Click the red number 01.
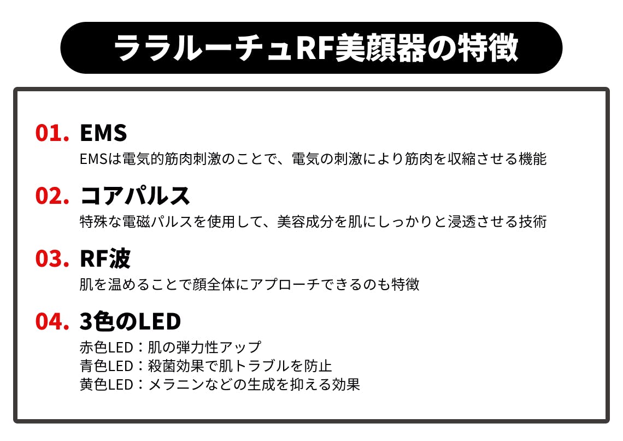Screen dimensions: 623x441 coord(52,133)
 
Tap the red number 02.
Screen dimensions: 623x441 coord(52,196)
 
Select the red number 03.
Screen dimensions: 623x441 coord(52,258)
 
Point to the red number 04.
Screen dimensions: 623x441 coord(52,321)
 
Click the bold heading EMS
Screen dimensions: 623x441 coord(103,133)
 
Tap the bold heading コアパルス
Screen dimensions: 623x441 coord(135,196)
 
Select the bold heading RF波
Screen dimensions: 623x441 coord(105,258)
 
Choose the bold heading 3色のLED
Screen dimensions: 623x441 coord(130,321)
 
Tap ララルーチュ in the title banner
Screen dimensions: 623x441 coord(203,48)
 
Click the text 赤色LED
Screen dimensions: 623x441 coord(107,347)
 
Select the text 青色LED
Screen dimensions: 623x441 coord(107,366)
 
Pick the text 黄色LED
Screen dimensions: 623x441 coord(107,385)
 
